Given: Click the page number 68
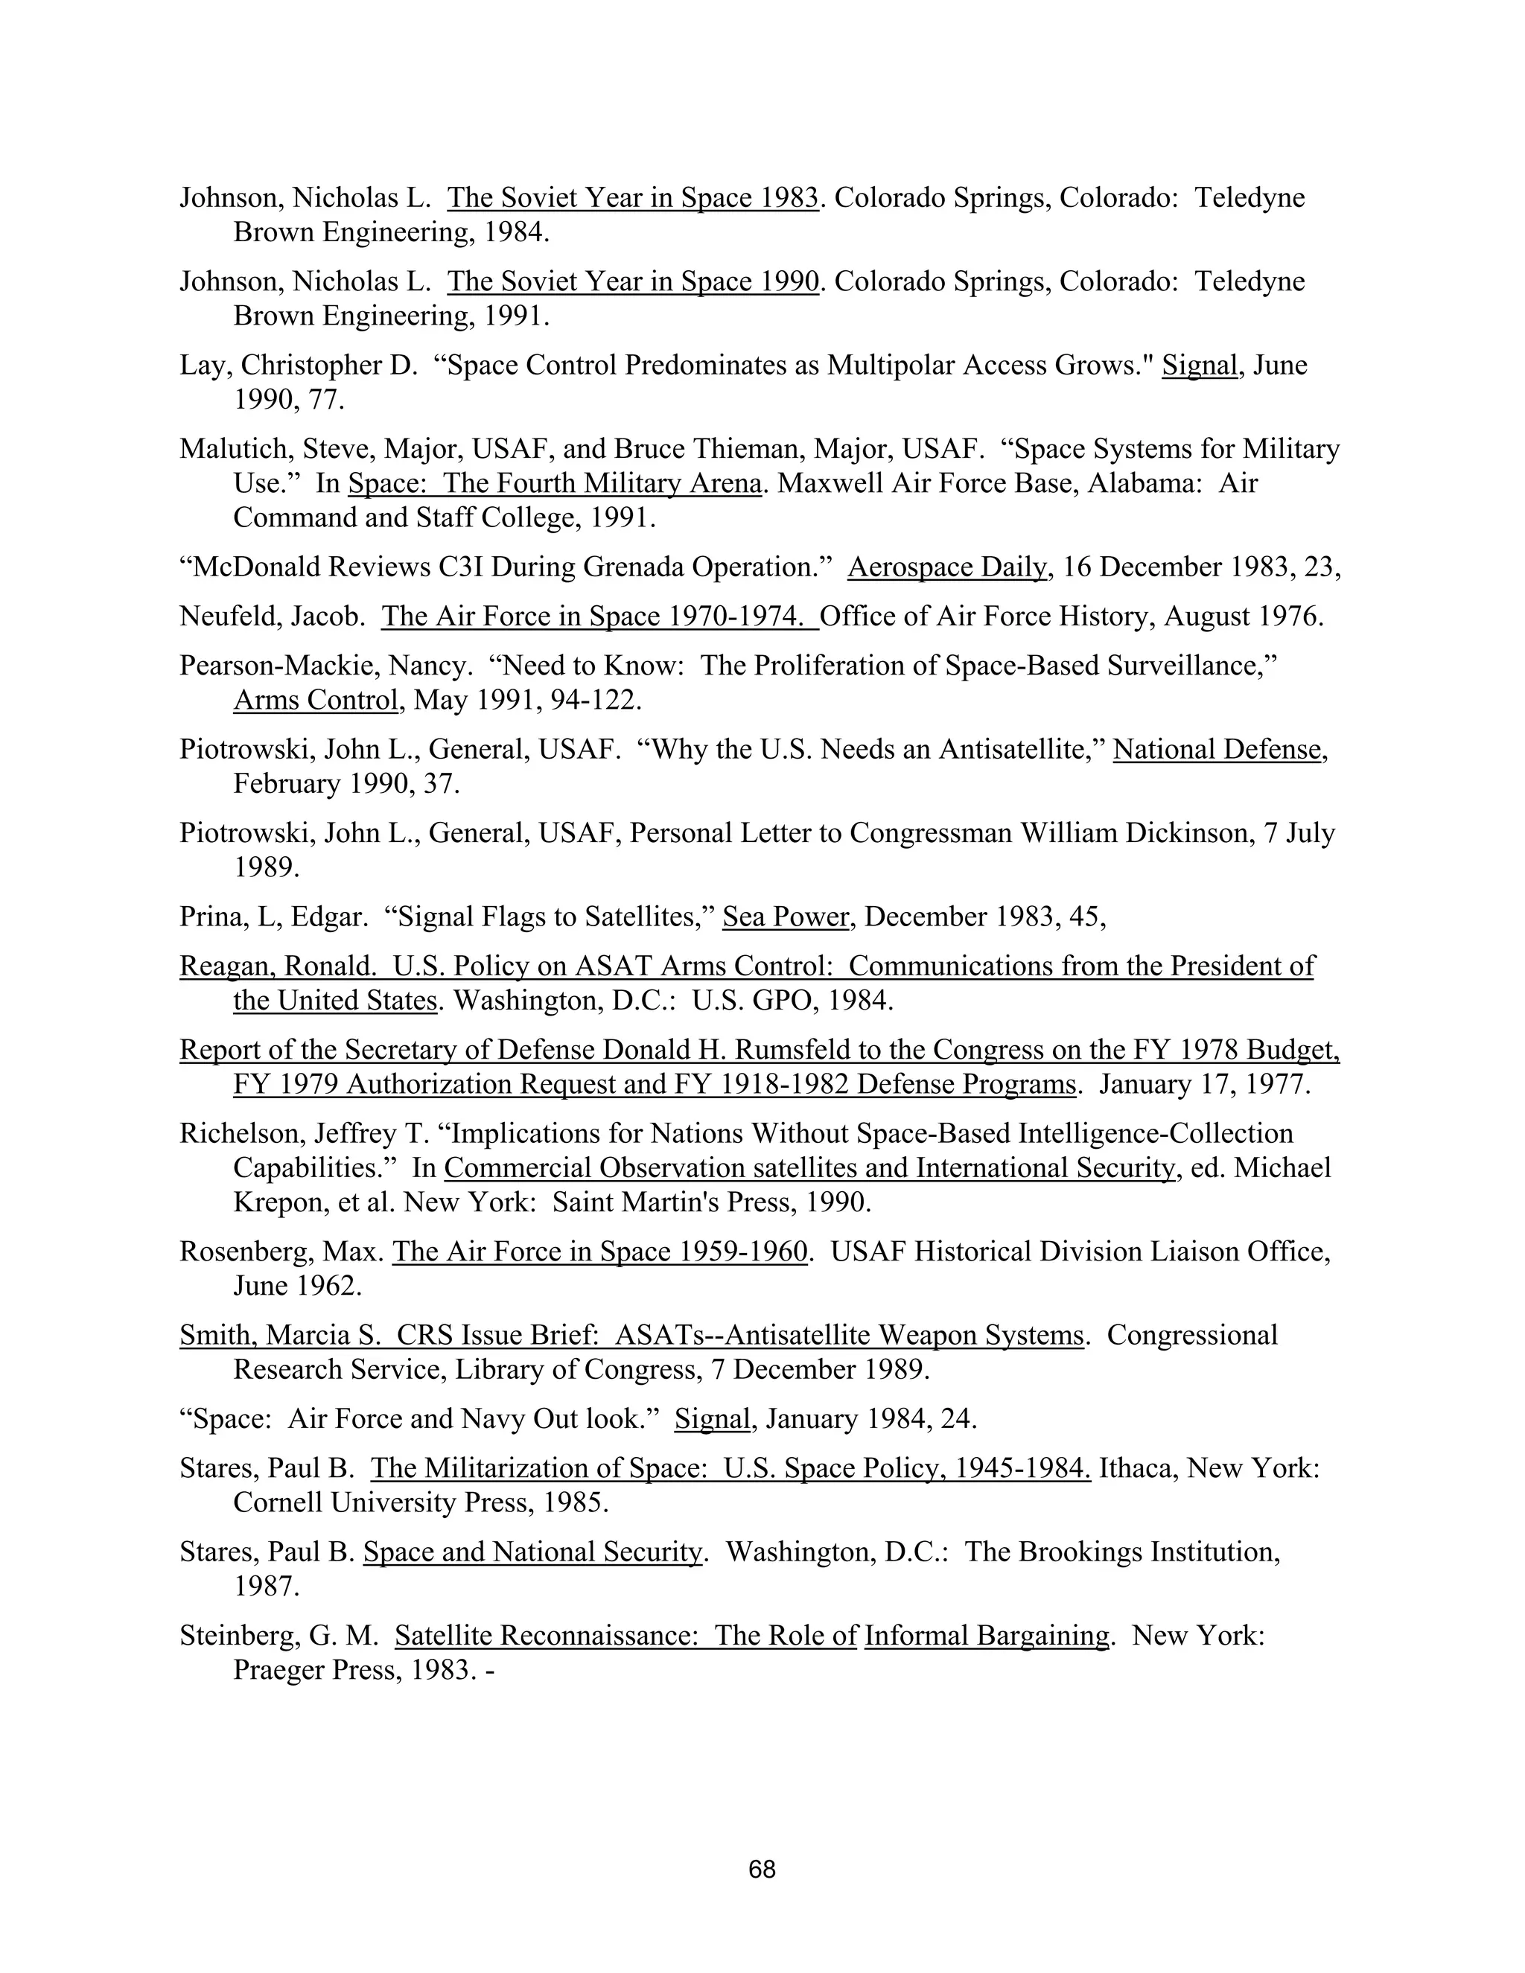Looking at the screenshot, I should click(x=762, y=1869).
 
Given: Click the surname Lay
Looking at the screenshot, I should click(x=203, y=365).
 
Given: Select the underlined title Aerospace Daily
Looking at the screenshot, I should click(x=948, y=567).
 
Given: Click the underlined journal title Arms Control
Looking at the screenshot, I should click(x=315, y=700).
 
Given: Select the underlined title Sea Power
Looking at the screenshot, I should click(x=786, y=917).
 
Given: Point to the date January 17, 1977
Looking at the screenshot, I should click(x=1204, y=1084).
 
